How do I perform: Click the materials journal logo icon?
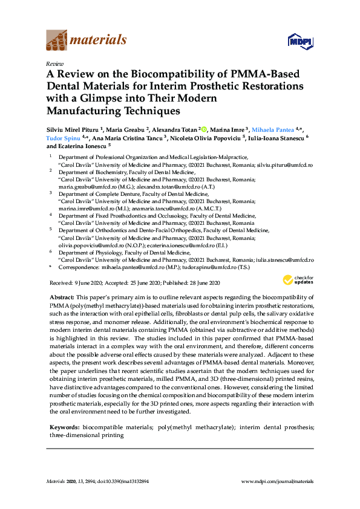pos(56,41)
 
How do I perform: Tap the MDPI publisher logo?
pos(296,41)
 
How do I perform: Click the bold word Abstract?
pos(62,297)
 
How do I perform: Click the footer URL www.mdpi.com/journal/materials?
pos(277,482)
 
